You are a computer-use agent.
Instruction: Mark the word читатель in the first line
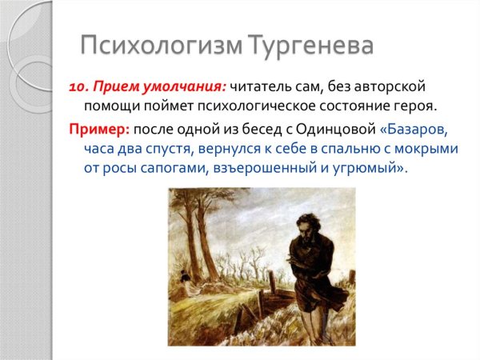click(x=265, y=87)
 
